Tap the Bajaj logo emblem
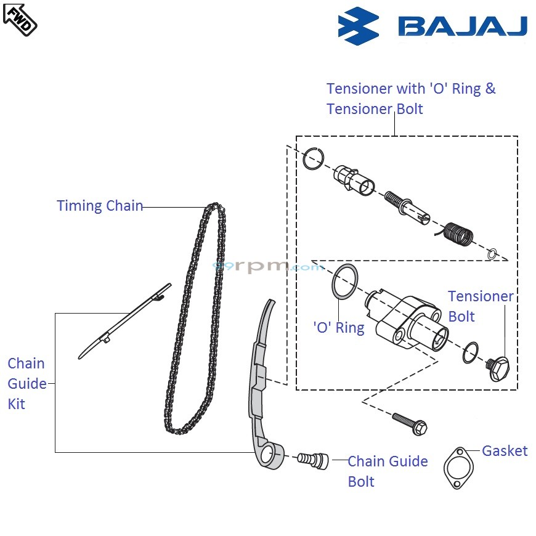point(358,25)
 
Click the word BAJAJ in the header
point(462,26)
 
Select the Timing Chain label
point(100,206)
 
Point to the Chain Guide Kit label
point(26,383)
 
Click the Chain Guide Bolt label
point(387,471)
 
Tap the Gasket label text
point(504,451)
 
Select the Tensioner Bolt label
point(479,306)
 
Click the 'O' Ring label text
point(339,328)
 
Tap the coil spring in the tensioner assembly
point(458,235)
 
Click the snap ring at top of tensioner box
point(312,158)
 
